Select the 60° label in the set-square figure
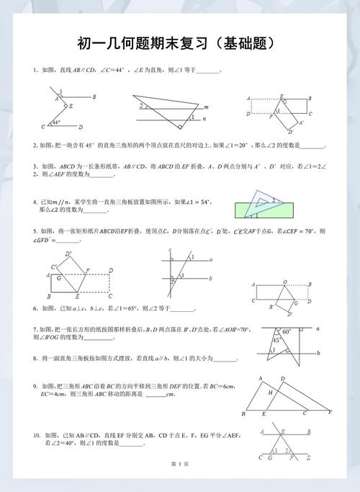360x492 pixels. coord(286,332)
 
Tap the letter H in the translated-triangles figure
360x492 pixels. coord(271,393)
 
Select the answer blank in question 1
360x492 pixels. coord(208,71)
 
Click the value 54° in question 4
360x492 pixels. coord(200,202)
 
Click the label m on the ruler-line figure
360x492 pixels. coord(206,107)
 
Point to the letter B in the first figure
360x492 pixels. coord(94,97)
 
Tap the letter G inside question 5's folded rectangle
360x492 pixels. coord(57,277)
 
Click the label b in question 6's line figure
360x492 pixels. coord(210,279)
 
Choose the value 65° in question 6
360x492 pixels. coord(132,308)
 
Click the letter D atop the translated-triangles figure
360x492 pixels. coord(282,379)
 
